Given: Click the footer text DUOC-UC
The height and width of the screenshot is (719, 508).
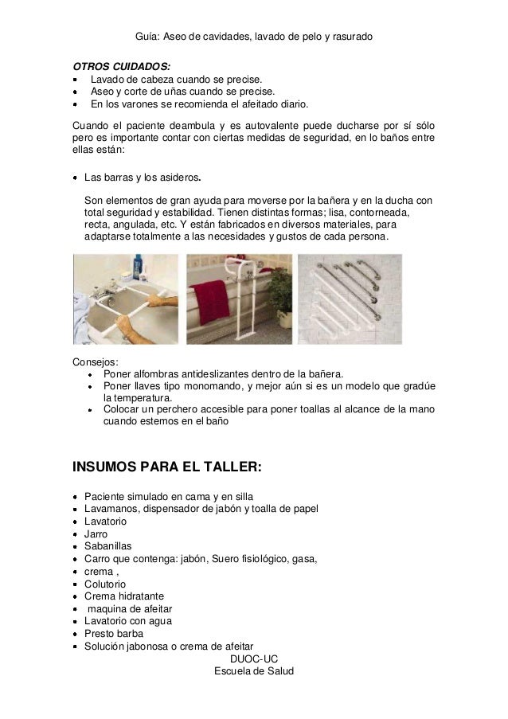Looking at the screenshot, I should [x=254, y=659].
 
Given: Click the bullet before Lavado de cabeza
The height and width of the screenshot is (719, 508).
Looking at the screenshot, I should [x=76, y=80].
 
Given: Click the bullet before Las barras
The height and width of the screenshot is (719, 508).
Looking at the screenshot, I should [x=76, y=177].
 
